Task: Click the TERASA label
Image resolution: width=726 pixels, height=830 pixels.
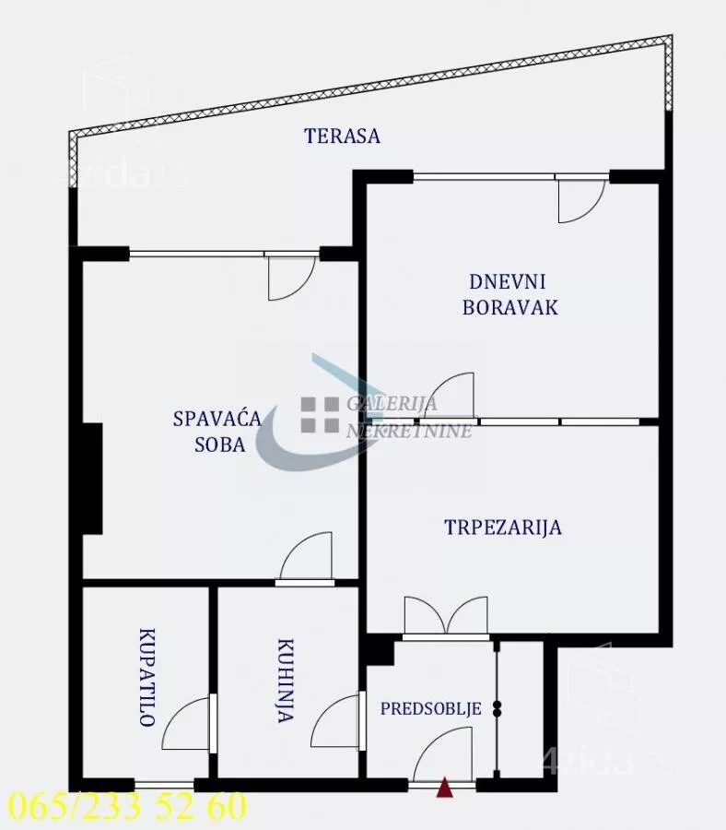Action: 342,136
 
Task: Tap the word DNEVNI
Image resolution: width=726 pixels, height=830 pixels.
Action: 507,281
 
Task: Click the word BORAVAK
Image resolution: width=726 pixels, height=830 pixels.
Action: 510,307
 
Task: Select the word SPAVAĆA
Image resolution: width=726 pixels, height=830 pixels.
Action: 217,418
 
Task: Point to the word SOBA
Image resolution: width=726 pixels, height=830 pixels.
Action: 220,445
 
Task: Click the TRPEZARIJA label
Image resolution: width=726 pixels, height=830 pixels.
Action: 503,528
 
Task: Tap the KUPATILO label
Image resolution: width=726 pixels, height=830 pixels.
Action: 147,678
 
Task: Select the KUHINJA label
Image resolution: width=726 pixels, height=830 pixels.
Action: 286,682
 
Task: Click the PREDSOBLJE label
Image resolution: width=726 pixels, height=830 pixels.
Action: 431,708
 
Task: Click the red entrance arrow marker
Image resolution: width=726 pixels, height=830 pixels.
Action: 445,788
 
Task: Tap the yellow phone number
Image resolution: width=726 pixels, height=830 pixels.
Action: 128,807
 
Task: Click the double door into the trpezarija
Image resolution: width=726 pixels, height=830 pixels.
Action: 446,617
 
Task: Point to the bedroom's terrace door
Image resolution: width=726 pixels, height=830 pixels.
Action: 292,278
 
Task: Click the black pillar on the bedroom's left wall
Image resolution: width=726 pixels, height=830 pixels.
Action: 92,479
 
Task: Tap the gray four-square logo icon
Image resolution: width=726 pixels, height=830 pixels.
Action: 320,414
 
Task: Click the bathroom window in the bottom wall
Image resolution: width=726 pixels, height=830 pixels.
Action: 164,784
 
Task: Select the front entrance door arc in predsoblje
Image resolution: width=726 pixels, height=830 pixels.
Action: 440,753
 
